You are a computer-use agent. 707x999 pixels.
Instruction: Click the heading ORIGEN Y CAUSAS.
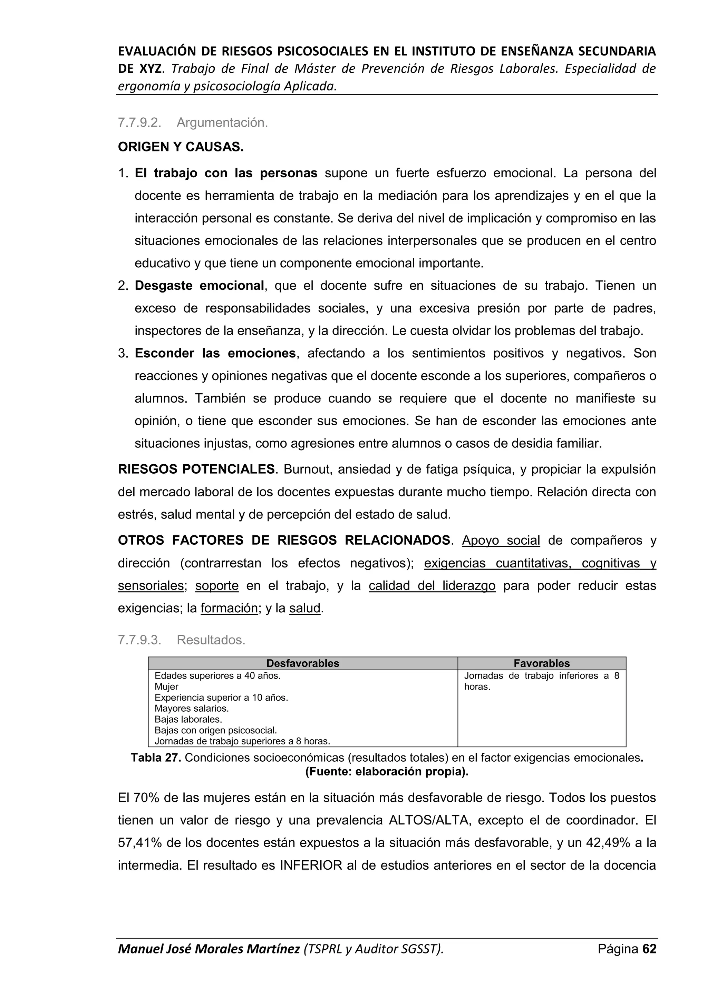click(x=181, y=147)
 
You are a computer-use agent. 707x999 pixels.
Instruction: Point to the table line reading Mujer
click(x=166, y=686)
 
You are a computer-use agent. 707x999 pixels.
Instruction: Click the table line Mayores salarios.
click(x=192, y=708)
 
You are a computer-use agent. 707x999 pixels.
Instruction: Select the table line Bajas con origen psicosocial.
click(x=215, y=730)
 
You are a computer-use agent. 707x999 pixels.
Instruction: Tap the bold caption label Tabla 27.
click(x=156, y=758)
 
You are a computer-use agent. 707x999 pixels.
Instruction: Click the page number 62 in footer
click(x=649, y=961)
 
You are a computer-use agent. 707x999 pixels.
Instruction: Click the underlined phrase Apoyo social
click(x=501, y=541)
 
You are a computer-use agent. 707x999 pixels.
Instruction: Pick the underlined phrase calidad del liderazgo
click(x=432, y=586)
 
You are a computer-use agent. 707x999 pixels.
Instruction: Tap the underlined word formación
click(x=229, y=608)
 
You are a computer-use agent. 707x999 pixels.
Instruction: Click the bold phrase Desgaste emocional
click(x=199, y=286)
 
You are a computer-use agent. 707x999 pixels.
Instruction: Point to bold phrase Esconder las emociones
click(x=215, y=353)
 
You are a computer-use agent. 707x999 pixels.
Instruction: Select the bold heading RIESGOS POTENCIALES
click(x=196, y=469)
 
